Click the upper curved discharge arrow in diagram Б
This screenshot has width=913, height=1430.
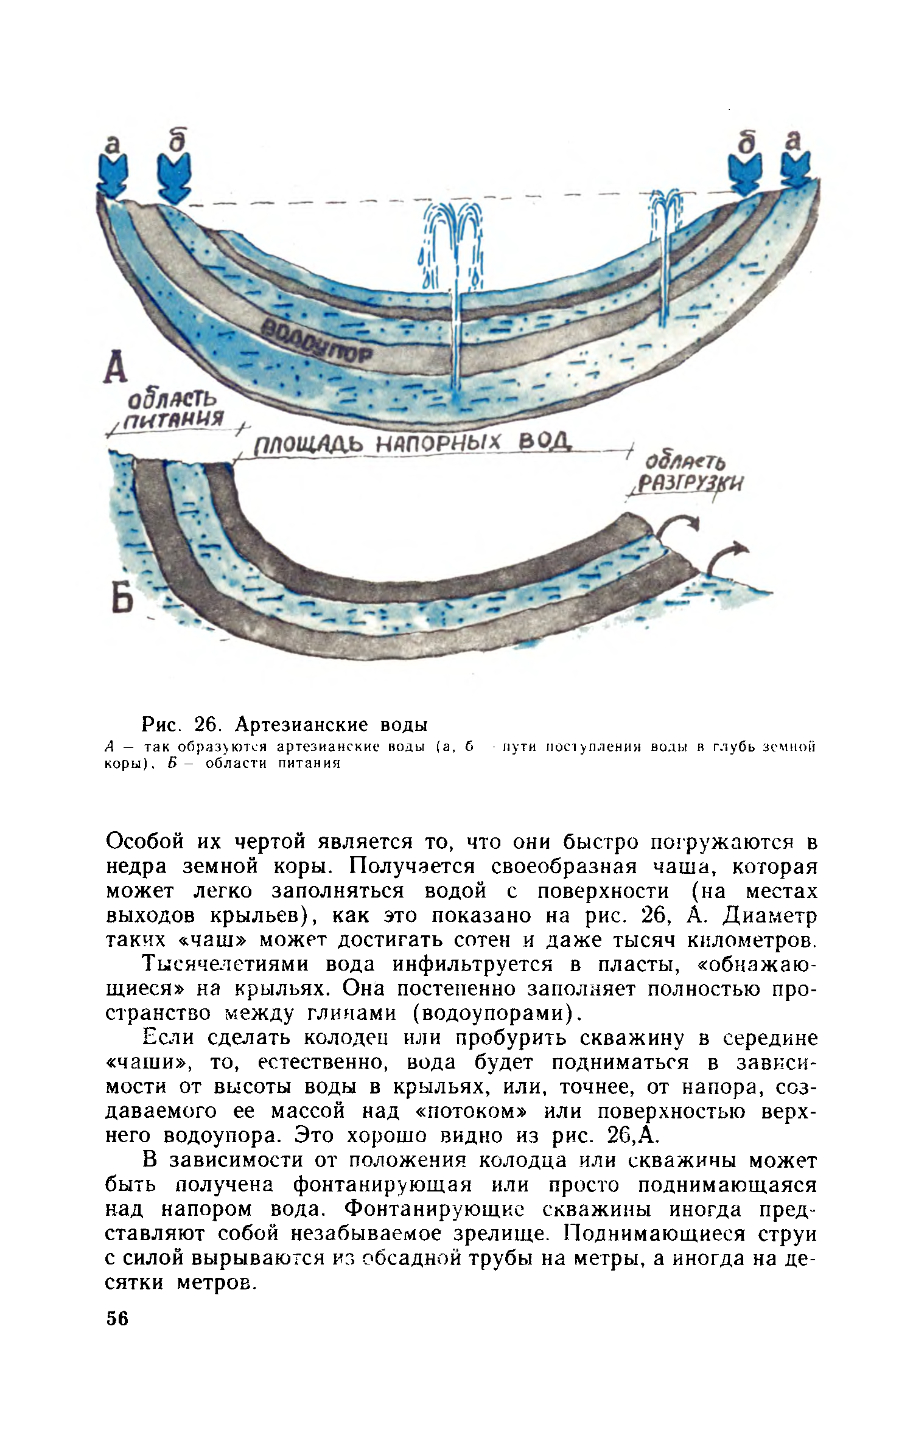click(679, 528)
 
